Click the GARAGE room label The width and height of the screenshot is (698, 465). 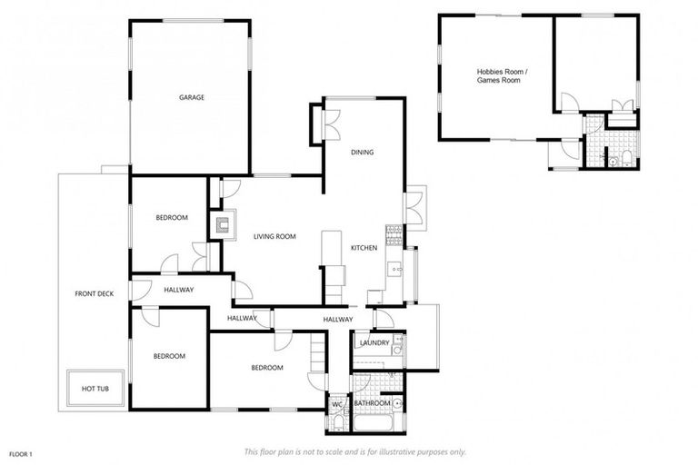pyautogui.click(x=191, y=97)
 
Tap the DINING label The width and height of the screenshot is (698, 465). pyautogui.click(x=363, y=153)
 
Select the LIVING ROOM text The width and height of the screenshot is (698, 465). pyautogui.click(x=274, y=237)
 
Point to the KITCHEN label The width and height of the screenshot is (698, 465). pyautogui.click(x=364, y=248)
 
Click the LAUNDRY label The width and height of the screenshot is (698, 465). pyautogui.click(x=374, y=342)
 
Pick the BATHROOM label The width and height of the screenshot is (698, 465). pyautogui.click(x=373, y=403)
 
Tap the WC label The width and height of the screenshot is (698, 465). pyautogui.click(x=336, y=402)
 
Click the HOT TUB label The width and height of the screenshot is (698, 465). pyautogui.click(x=95, y=389)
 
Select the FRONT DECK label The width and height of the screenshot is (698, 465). pyautogui.click(x=94, y=294)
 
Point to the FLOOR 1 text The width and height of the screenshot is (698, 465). pyautogui.click(x=21, y=453)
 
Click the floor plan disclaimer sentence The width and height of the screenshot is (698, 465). pyautogui.click(x=355, y=451)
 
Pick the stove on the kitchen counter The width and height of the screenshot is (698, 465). pyautogui.click(x=394, y=234)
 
